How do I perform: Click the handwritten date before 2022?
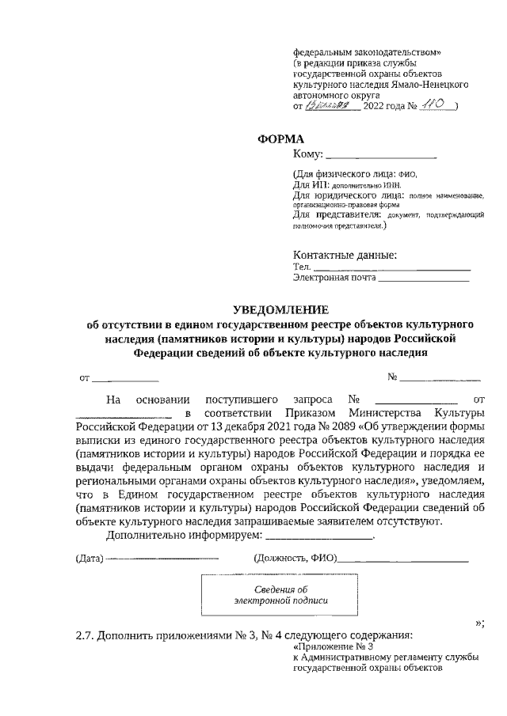[332, 104]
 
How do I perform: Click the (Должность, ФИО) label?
[294, 560]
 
